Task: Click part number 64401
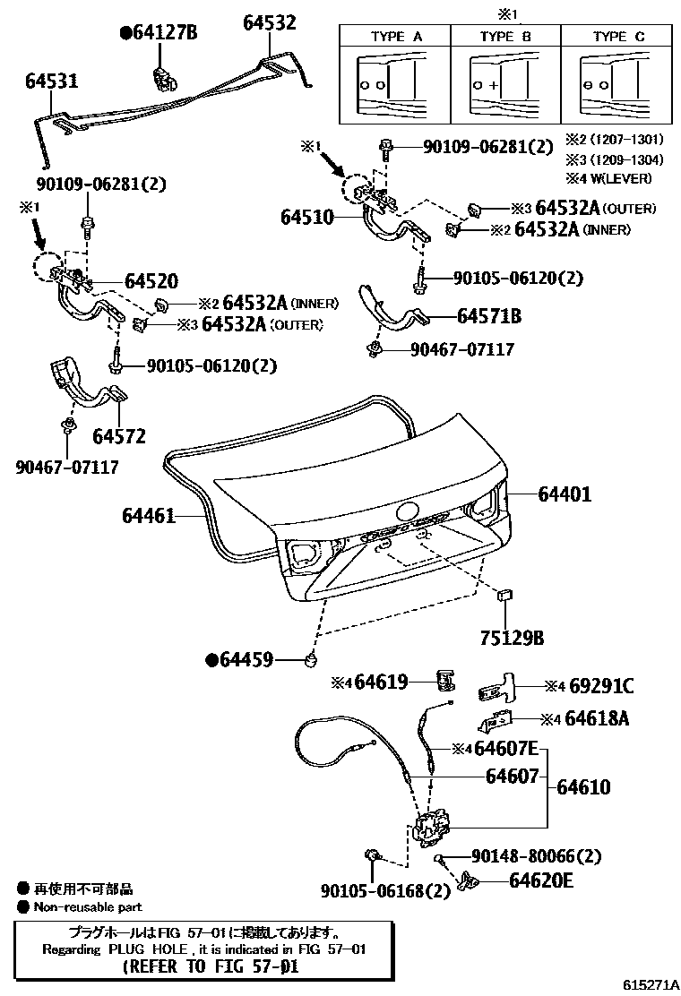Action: click(565, 494)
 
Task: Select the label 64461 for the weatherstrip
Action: click(149, 516)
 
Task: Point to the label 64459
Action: click(246, 661)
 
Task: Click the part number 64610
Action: click(583, 787)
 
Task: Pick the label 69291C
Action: click(601, 686)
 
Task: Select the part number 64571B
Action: click(489, 316)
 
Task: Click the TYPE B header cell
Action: click(505, 37)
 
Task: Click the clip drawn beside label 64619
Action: click(444, 681)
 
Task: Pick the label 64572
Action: click(118, 435)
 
